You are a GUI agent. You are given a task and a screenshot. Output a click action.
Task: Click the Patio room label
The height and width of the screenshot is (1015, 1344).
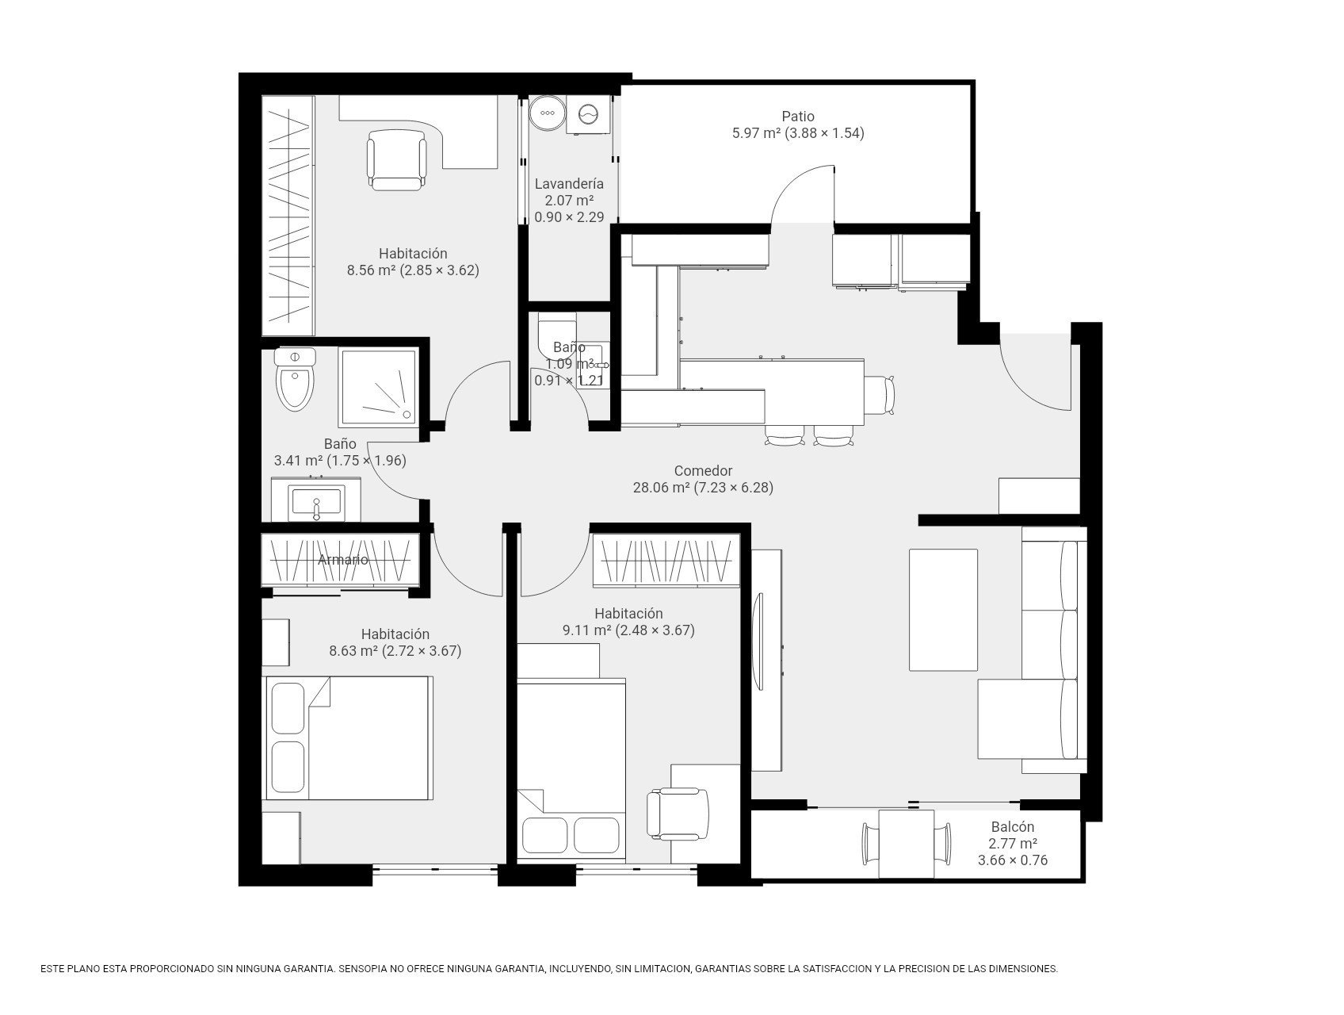point(797,117)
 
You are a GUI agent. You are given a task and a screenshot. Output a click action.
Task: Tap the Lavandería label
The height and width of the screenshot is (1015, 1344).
point(569,184)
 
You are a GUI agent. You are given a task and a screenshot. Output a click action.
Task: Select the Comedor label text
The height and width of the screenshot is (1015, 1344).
point(703,470)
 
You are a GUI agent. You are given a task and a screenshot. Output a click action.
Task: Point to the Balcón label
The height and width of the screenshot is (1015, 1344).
point(1012,827)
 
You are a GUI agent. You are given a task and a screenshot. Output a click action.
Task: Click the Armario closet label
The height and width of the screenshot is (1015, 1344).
point(343,560)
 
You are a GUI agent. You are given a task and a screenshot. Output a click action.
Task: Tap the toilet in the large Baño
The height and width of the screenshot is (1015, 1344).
point(295,379)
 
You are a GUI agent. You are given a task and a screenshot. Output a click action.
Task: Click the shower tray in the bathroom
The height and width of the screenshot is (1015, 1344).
point(378,388)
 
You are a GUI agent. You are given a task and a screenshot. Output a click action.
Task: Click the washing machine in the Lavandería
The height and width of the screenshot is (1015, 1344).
point(588,115)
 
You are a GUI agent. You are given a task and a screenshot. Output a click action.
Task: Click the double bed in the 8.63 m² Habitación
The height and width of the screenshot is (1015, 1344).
point(348,738)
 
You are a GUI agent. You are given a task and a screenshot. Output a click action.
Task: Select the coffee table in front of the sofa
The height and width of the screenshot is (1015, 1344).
point(943,610)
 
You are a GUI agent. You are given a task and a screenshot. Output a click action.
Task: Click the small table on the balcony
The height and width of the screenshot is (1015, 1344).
point(907,844)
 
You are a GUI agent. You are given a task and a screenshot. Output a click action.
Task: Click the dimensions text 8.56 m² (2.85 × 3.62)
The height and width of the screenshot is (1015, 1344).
point(413,270)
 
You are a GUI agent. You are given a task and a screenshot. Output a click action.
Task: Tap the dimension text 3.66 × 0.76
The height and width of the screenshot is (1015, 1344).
point(1013,860)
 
